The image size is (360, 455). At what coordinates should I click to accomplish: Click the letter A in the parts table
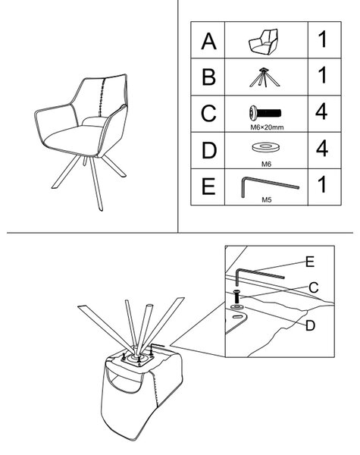tap(208, 41)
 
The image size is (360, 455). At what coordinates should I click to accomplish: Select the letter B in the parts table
tap(208, 77)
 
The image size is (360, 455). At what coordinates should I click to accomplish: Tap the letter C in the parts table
tap(208, 113)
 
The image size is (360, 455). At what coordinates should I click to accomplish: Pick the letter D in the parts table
tap(209, 150)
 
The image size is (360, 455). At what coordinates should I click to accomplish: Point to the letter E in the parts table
tap(208, 187)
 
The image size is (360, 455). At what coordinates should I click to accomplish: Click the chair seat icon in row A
tap(264, 41)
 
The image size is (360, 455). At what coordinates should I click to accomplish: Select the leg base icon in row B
tap(265, 77)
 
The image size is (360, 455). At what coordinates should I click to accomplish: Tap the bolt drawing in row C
tap(265, 112)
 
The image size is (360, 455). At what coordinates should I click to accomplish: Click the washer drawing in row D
tap(266, 147)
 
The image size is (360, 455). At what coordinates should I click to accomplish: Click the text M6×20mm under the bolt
tap(267, 127)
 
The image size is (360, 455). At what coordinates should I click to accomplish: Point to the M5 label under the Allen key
tap(266, 199)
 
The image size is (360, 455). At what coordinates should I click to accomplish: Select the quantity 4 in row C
tap(321, 111)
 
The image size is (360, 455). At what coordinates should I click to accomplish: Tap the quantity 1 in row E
tap(322, 184)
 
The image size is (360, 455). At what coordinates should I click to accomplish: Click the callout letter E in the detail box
tap(310, 262)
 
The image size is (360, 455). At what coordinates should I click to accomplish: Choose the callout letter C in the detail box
tap(314, 287)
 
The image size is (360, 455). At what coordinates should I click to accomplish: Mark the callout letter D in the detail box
tap(310, 325)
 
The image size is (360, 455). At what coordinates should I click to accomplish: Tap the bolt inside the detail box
tap(236, 297)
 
